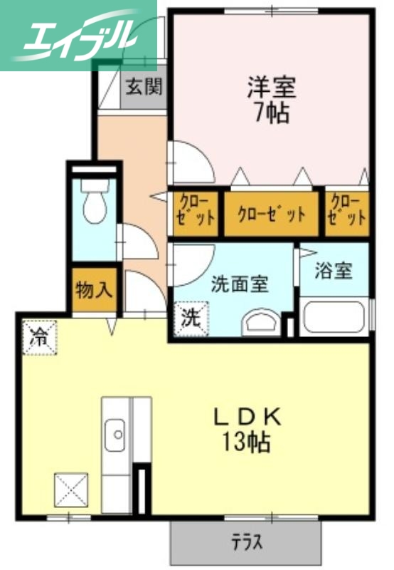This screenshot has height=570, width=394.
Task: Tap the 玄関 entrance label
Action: pyautogui.click(x=144, y=87)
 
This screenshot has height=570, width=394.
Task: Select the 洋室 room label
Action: pyautogui.click(x=271, y=89)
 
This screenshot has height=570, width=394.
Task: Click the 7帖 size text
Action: pyautogui.click(x=271, y=113)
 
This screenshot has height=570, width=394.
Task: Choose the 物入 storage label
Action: pyautogui.click(x=94, y=291)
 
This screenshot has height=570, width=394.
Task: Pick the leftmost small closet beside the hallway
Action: pyautogui.click(x=196, y=211)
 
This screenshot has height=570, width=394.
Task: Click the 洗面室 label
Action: pyautogui.click(x=240, y=283)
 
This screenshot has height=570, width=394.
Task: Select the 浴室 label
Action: pyautogui.click(x=334, y=271)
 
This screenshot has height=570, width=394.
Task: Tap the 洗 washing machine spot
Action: pyautogui.click(x=190, y=318)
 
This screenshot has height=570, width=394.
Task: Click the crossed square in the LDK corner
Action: pyautogui.click(x=71, y=490)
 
